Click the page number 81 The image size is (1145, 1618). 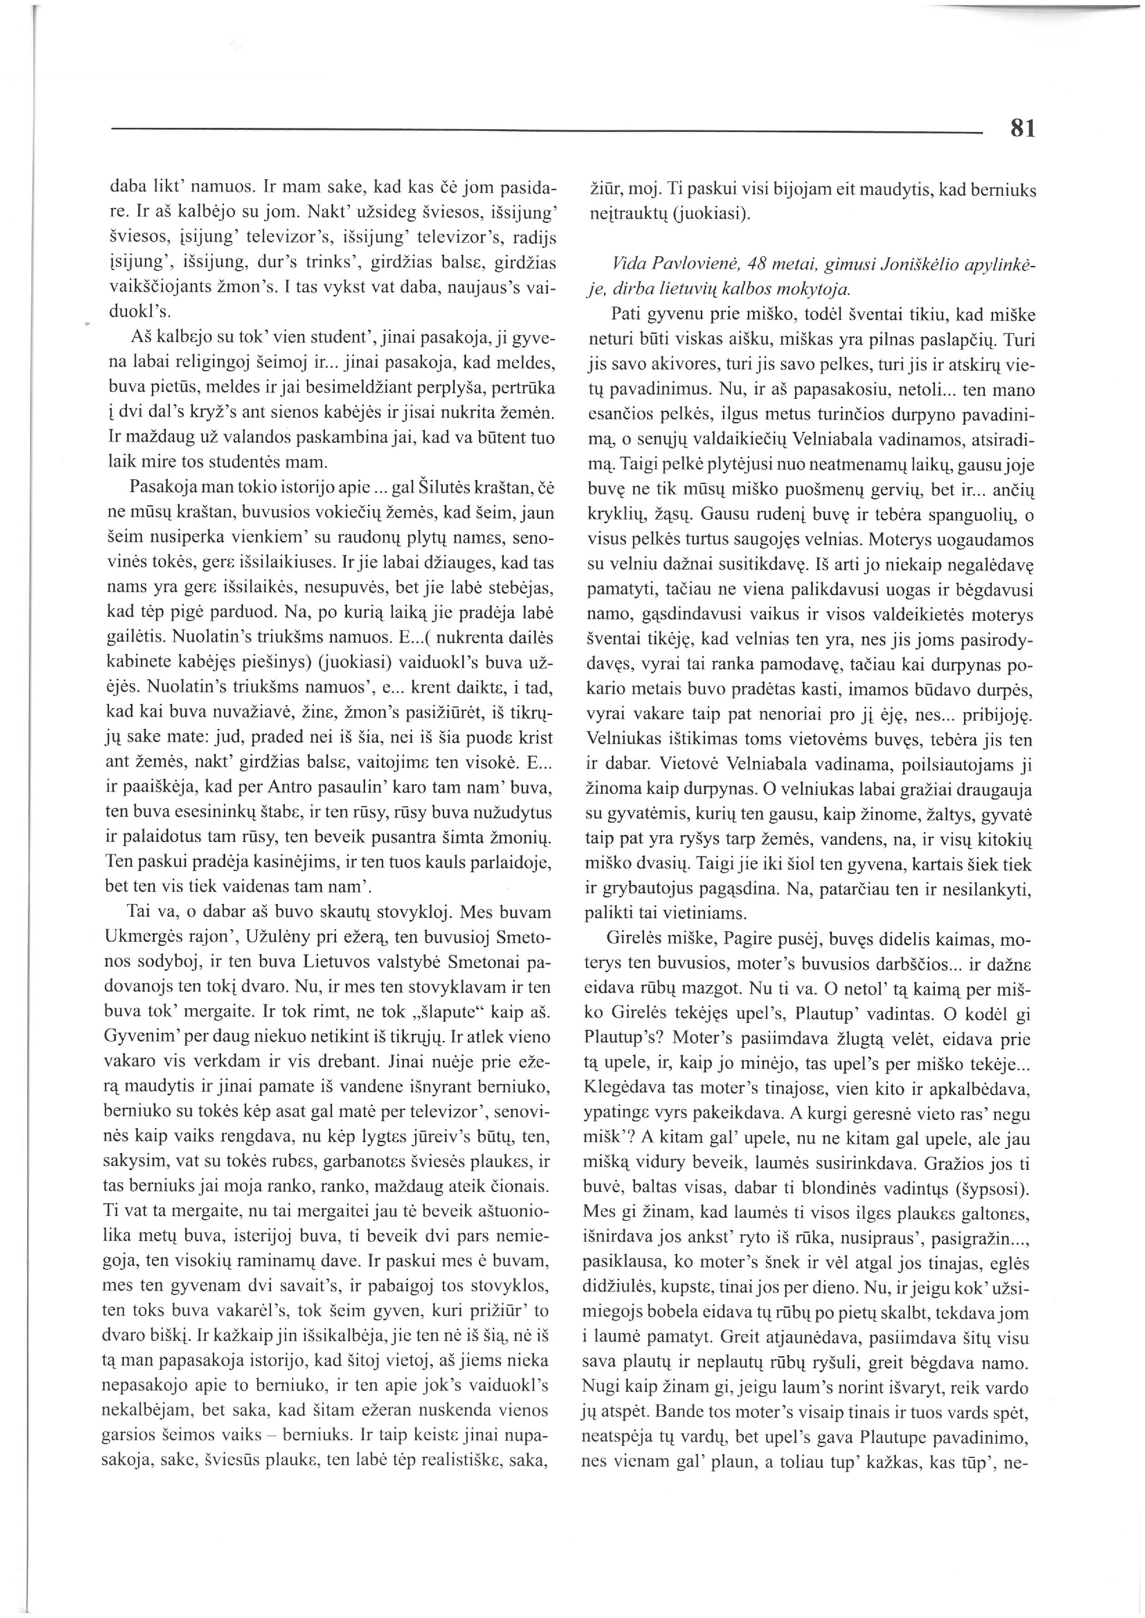1022,128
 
